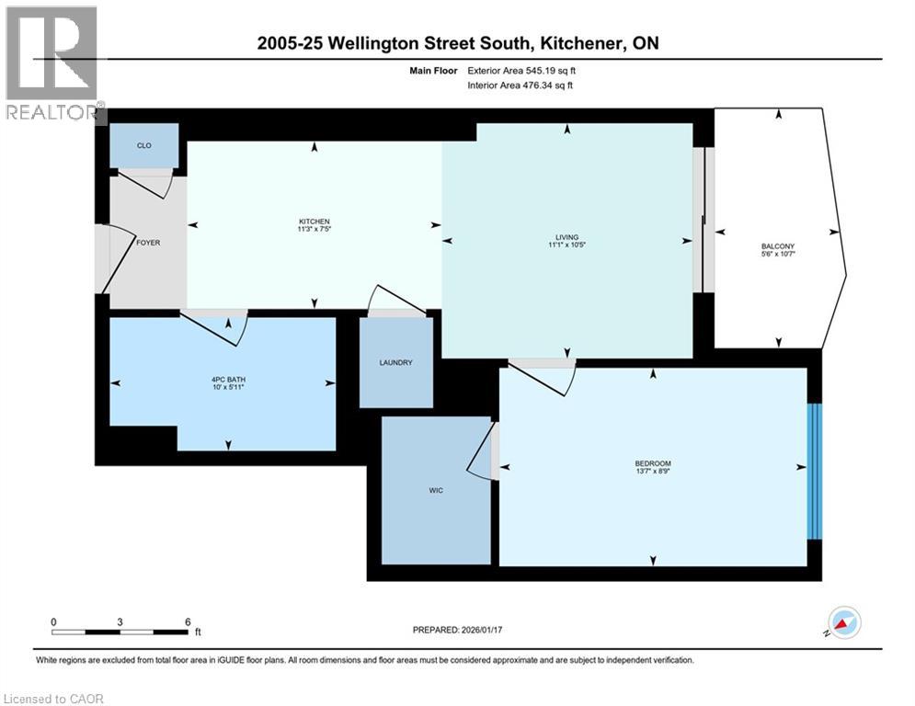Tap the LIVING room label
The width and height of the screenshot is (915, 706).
(x=566, y=237)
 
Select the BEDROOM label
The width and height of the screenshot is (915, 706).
(x=653, y=462)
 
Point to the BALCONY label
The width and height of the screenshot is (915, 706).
(x=777, y=245)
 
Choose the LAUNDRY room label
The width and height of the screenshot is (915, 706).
(x=395, y=362)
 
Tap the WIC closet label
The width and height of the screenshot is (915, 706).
(x=436, y=490)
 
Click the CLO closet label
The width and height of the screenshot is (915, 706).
(x=143, y=146)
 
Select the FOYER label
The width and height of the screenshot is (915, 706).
(x=148, y=244)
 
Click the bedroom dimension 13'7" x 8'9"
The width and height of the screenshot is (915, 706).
(x=653, y=473)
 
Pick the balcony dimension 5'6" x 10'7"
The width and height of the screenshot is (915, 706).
(x=777, y=255)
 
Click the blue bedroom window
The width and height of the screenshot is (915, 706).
(x=813, y=471)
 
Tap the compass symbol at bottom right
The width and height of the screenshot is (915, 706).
(x=844, y=622)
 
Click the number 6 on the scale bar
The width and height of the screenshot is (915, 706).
(x=188, y=621)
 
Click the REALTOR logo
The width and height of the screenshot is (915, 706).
(x=52, y=64)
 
